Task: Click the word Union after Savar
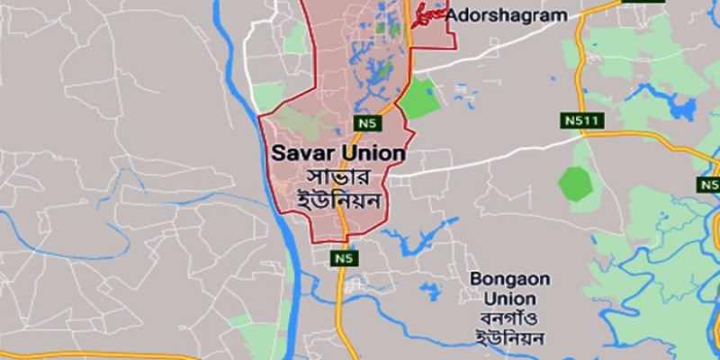pyautogui.click(x=371, y=153)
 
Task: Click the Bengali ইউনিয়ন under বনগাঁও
pyautogui.click(x=509, y=339)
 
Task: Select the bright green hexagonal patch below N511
pyautogui.click(x=576, y=184)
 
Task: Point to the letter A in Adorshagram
pyautogui.click(x=453, y=15)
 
